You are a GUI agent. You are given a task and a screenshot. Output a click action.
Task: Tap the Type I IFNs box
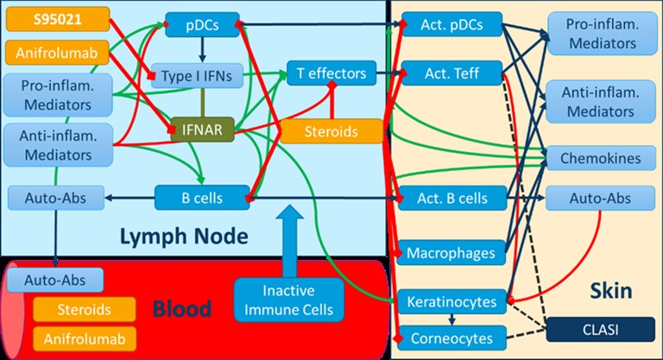193,75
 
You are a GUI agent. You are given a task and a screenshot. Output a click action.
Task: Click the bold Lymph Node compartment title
184,235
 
